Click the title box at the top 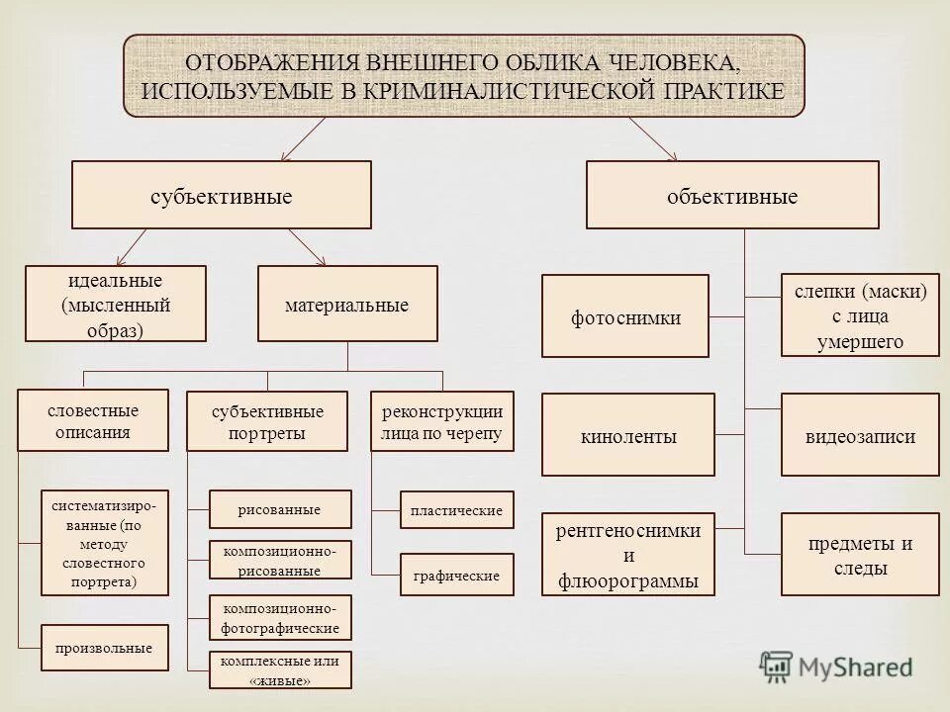pyautogui.click(x=463, y=76)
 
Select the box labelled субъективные pyautogui.click(x=222, y=196)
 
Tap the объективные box pyautogui.click(x=732, y=196)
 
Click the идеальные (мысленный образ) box pyautogui.click(x=116, y=304)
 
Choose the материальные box pyautogui.click(x=346, y=305)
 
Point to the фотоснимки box pyautogui.click(x=625, y=316)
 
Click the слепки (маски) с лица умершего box pyautogui.click(x=860, y=315)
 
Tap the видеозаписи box pyautogui.click(x=860, y=435)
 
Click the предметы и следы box pyautogui.click(x=860, y=555)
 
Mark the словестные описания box pyautogui.click(x=93, y=420)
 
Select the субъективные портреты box pyautogui.click(x=267, y=421)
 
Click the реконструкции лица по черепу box pyautogui.click(x=442, y=421)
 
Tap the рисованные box pyautogui.click(x=280, y=509)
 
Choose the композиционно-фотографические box pyautogui.click(x=280, y=618)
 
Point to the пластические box pyautogui.click(x=456, y=510)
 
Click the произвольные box pyautogui.click(x=105, y=648)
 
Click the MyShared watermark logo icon pyautogui.click(x=777, y=666)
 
